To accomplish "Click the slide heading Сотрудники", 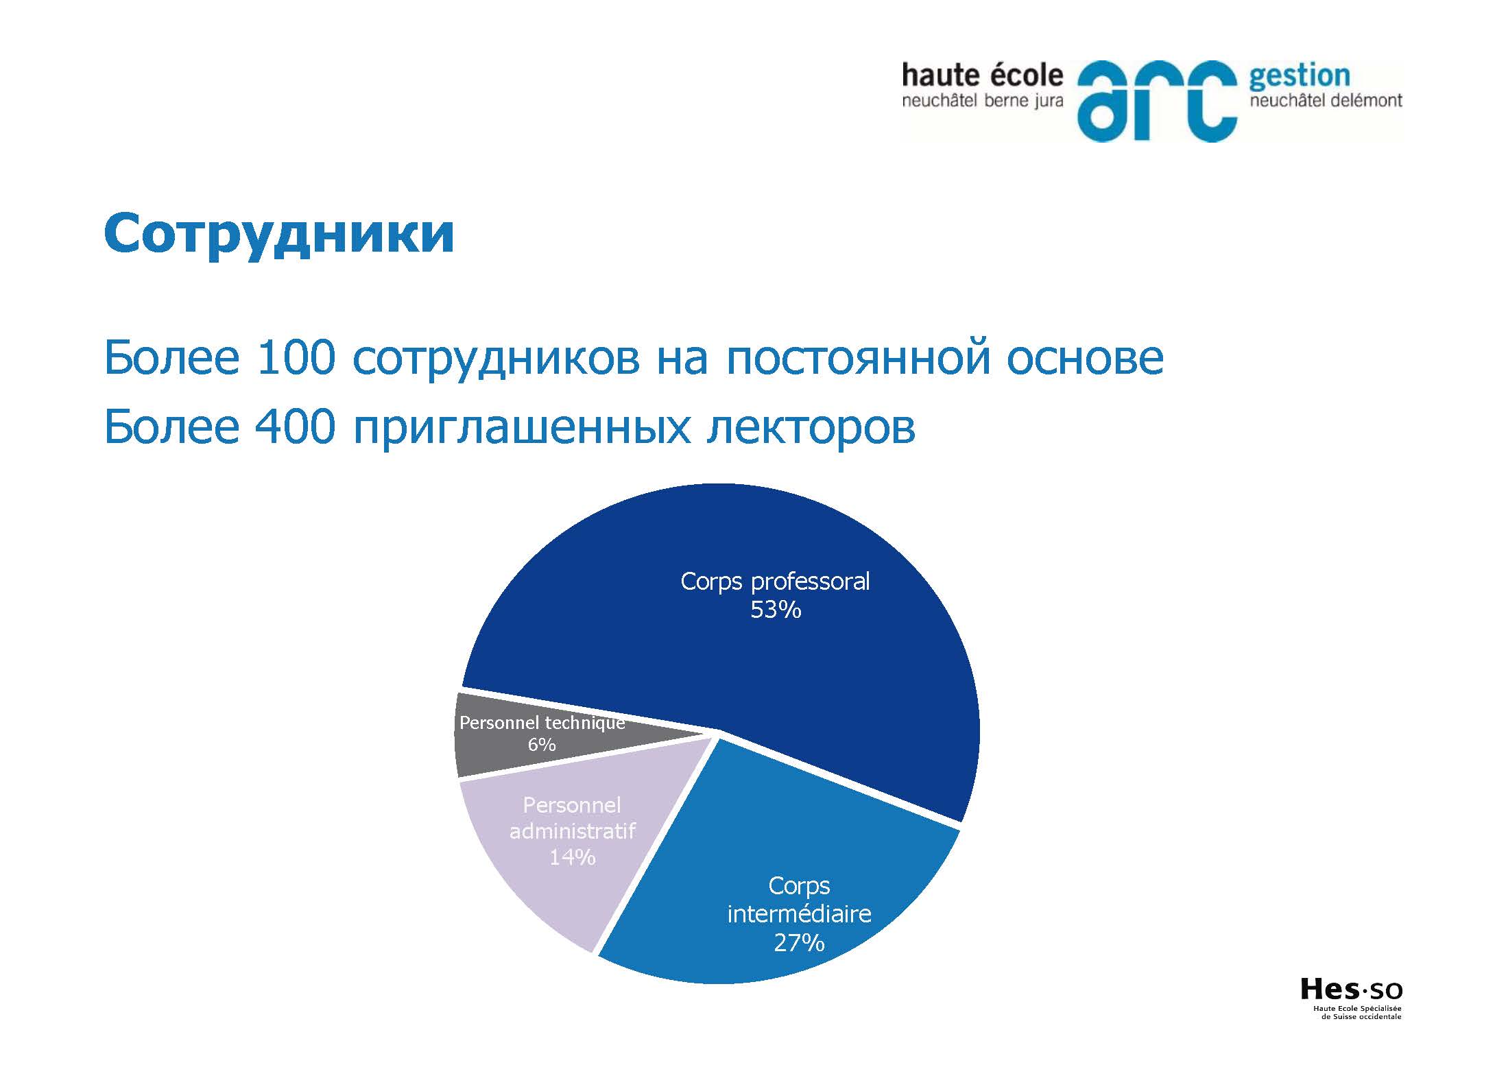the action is coord(279,235).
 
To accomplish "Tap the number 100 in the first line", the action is coord(296,357).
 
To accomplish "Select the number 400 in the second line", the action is coord(295,426).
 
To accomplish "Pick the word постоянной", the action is coord(858,359).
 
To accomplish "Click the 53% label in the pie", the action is coord(776,610).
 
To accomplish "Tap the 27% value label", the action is coord(799,943).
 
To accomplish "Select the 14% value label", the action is coord(572,857).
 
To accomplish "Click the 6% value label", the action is coord(542,744).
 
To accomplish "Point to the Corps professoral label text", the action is coord(775,582).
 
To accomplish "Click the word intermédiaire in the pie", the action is coord(799,913).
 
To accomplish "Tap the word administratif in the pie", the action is coord(572,831).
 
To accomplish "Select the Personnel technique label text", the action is coord(542,723).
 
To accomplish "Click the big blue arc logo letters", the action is coord(1157,101).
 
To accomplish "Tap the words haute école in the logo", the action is coord(982,75).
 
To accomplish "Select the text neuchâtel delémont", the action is coord(1326,101).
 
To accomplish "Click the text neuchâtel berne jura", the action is coord(982,101).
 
